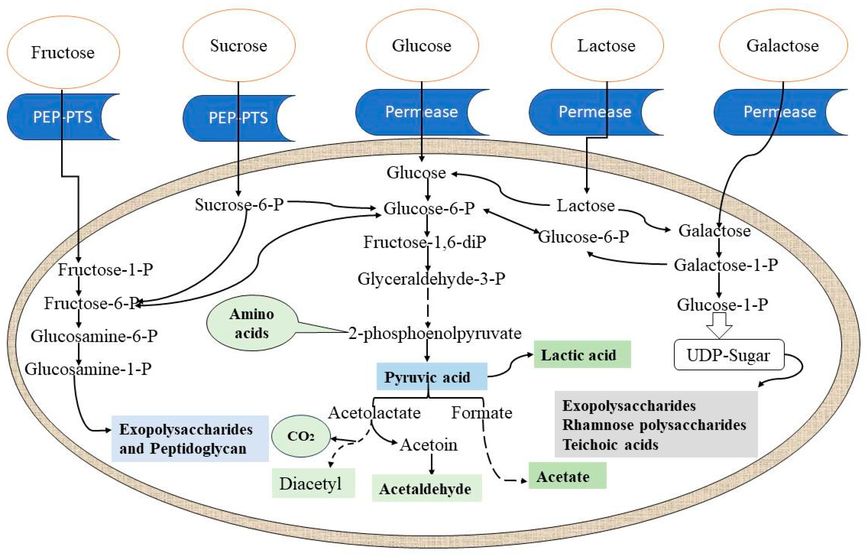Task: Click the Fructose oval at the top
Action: click(x=63, y=52)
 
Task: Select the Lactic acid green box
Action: click(x=582, y=355)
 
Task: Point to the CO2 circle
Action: click(x=301, y=436)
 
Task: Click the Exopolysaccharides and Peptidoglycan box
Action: click(x=190, y=439)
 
